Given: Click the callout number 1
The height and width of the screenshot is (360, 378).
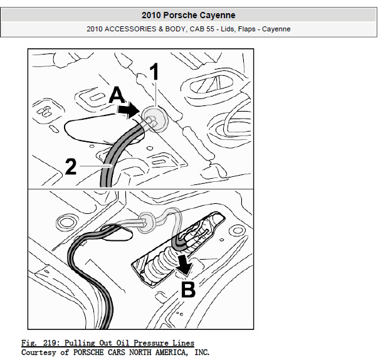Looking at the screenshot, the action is (154, 71).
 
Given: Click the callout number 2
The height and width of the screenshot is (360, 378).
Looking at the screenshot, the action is (71, 166).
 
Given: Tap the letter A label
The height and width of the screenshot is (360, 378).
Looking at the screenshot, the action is (117, 95).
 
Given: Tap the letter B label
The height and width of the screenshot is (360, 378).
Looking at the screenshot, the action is (188, 289).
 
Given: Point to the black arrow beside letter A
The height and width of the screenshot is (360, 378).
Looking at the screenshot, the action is (129, 110).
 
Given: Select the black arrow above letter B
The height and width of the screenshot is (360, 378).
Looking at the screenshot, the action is (184, 265).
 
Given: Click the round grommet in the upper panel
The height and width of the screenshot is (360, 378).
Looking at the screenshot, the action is (155, 119).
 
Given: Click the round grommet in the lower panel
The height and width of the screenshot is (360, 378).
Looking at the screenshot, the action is (147, 222).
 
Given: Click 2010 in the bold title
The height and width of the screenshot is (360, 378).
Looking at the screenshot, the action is (151, 15).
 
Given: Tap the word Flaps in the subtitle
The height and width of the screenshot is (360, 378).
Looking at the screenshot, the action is (246, 29).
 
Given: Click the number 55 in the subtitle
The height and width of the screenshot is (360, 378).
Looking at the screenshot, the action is (210, 29).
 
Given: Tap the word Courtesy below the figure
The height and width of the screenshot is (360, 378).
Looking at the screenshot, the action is (38, 352).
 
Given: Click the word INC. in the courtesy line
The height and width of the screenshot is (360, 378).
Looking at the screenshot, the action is (202, 352).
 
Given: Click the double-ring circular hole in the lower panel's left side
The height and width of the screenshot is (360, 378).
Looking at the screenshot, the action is (66, 221).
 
